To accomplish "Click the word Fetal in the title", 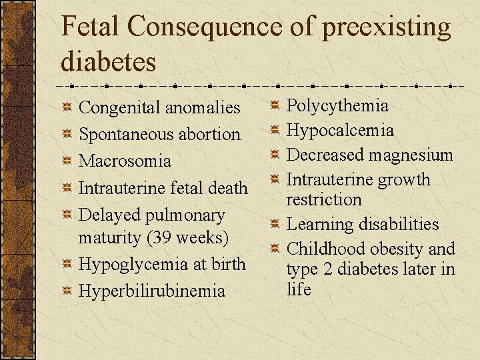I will (91, 27).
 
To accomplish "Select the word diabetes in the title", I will (108, 61).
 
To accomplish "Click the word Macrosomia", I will (125, 161).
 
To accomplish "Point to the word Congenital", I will (119, 108).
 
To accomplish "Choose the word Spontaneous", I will (125, 135).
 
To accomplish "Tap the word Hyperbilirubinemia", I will (152, 291).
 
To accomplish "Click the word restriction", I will (324, 199).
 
